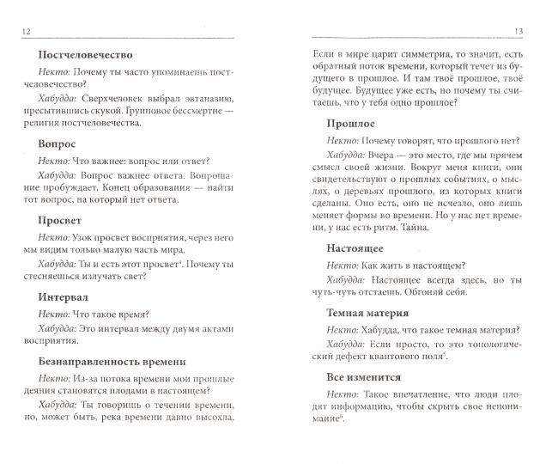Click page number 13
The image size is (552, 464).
[530, 33]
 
